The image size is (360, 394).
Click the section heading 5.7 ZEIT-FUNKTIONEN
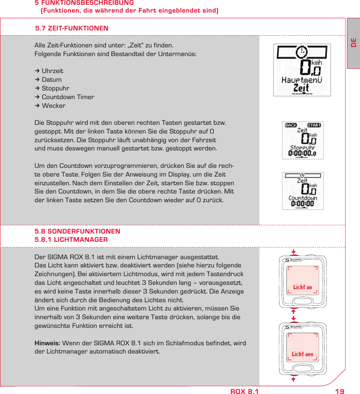click(72, 28)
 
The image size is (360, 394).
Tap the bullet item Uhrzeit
click(52, 71)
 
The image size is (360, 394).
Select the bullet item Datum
click(51, 80)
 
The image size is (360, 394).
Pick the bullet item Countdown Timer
click(67, 97)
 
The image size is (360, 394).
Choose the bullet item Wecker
click(54, 106)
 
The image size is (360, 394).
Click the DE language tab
click(353, 43)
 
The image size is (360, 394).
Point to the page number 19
click(340, 391)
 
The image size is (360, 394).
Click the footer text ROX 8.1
click(244, 391)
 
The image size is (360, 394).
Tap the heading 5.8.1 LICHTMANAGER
click(71, 240)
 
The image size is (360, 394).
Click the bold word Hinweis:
click(47, 343)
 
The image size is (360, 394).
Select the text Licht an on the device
click(303, 287)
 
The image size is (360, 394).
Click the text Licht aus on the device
click(303, 354)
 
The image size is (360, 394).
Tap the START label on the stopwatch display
click(314, 125)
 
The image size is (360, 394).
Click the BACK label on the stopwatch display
click(290, 125)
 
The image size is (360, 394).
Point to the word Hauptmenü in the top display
click(302, 80)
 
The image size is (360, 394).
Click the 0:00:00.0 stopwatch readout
click(302, 153)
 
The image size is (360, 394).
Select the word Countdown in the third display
click(303, 198)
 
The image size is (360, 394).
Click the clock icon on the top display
click(301, 52)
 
